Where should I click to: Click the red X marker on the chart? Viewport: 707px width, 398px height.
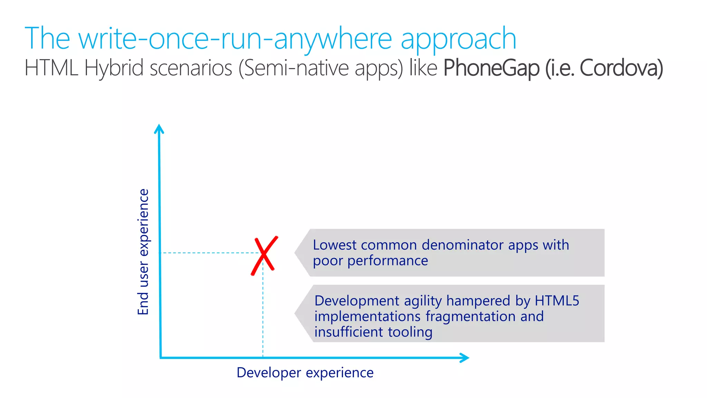pos(264,255)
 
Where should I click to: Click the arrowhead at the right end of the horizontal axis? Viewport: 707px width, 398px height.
pos(464,358)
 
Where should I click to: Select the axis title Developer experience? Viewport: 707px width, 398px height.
pos(305,373)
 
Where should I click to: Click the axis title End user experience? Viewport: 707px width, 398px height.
pos(143,252)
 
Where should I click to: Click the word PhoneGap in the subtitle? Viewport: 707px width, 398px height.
pos(491,68)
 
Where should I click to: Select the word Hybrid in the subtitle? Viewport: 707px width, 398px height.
pos(114,68)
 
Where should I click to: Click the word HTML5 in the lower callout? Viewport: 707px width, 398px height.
pos(557,301)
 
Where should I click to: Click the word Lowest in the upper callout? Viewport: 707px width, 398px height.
pos(335,245)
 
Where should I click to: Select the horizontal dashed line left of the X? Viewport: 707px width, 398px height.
pos(207,253)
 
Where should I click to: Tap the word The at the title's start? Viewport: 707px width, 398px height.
pos(47,39)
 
